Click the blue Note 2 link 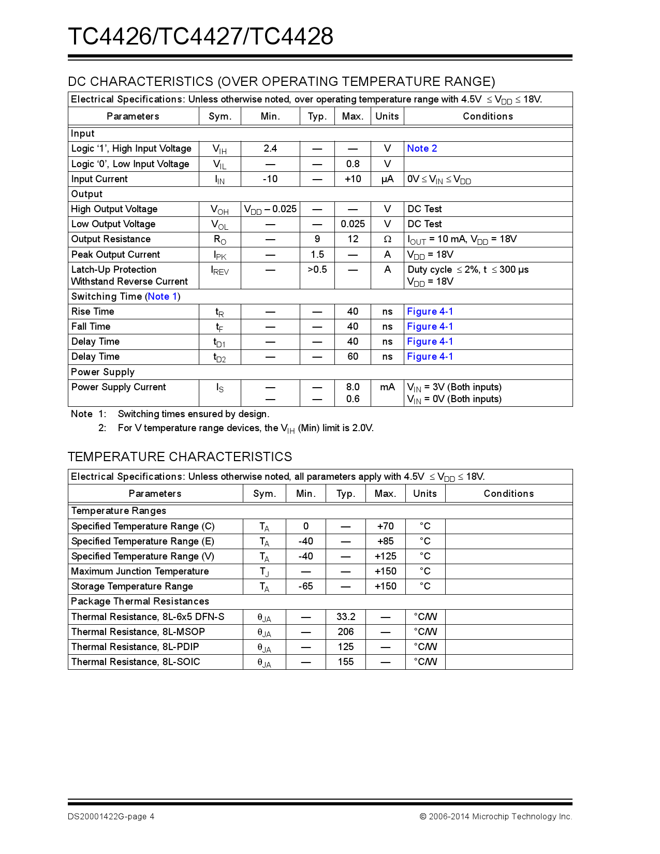tap(422, 149)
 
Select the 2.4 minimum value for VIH tap(270, 149)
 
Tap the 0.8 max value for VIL tap(353, 164)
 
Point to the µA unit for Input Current tap(387, 179)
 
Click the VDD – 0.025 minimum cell tap(270, 209)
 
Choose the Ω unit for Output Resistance tap(387, 239)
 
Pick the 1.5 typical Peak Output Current tap(317, 255)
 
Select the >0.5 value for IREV tap(317, 270)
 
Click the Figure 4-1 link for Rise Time tap(430, 312)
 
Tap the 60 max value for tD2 tap(353, 357)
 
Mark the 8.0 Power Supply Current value tap(353, 387)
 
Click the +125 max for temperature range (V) tap(386, 556)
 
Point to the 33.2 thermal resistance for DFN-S tap(346, 617)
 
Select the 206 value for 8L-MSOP tap(346, 632)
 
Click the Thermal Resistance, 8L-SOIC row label tap(136, 662)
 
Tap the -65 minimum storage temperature tap(306, 586)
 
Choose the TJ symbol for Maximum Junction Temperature tap(265, 571)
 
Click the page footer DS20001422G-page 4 tap(111, 817)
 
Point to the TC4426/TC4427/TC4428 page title tap(201, 36)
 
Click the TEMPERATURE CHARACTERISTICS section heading tap(180, 457)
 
